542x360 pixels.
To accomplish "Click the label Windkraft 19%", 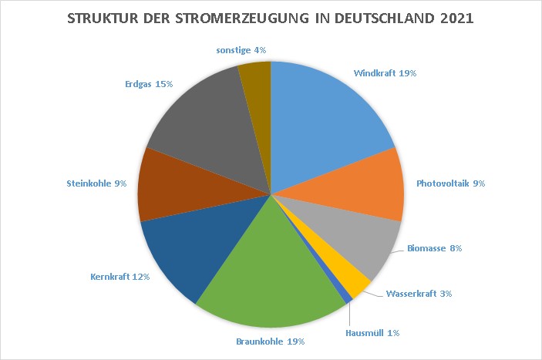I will [x=385, y=73].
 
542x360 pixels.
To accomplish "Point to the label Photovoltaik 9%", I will [x=451, y=183].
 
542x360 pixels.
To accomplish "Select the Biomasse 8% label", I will [x=434, y=248].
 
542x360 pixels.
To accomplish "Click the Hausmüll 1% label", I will [x=373, y=333].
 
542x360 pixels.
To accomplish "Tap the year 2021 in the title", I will [x=456, y=16].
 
